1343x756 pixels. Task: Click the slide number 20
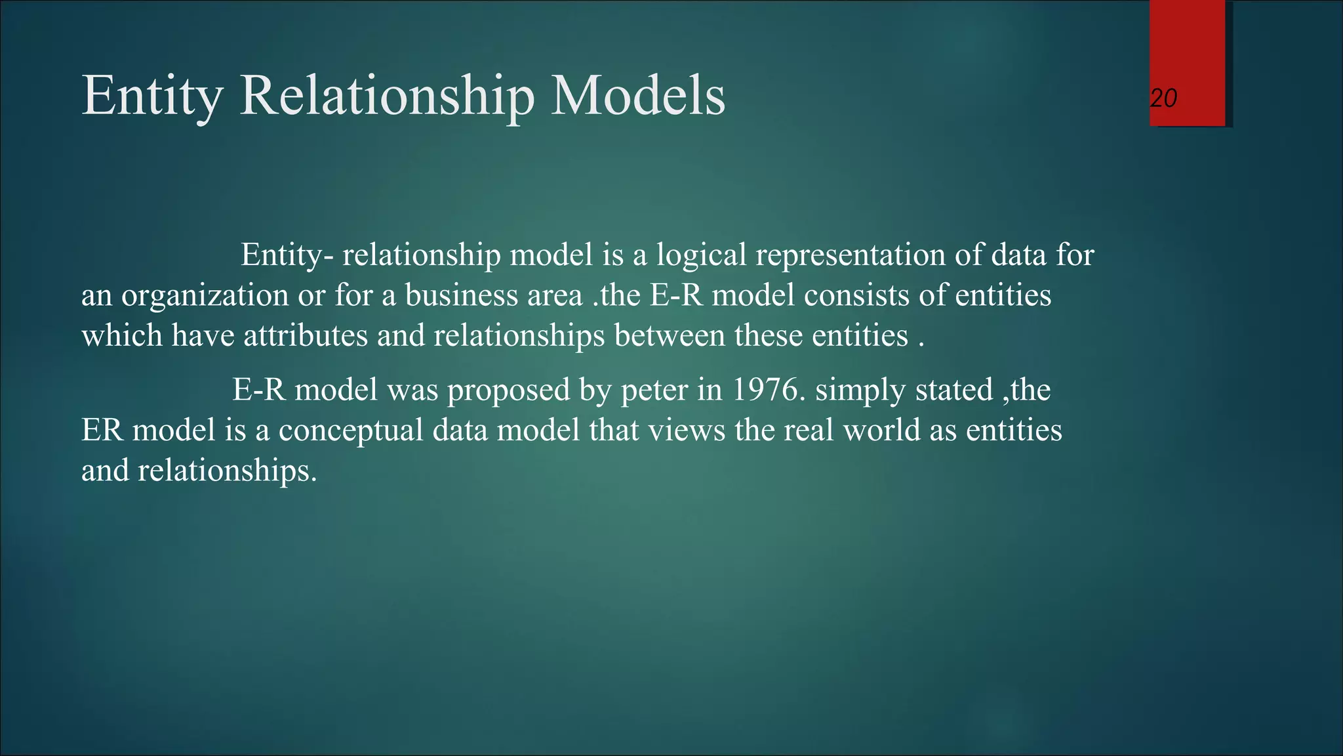tap(1164, 98)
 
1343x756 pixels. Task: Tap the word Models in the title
tap(637, 96)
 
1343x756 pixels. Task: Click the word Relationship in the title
tap(387, 96)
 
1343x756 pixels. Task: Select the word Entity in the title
tap(152, 96)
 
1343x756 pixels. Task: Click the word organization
tap(205, 295)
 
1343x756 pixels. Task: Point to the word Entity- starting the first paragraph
tap(287, 255)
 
